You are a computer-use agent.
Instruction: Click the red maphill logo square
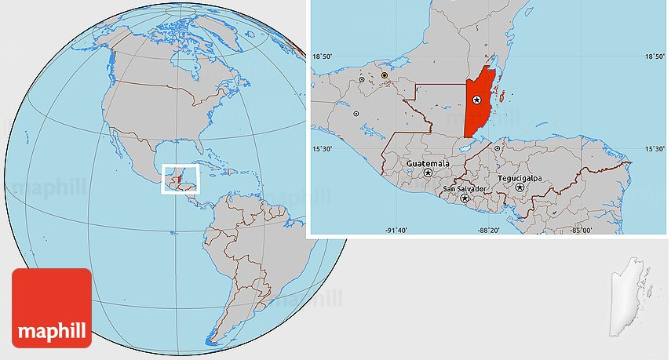point(52,307)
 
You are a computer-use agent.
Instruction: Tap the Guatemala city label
point(428,163)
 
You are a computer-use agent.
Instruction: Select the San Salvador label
point(465,189)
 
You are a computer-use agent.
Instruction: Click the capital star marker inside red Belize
point(476,100)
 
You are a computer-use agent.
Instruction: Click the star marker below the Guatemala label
point(428,173)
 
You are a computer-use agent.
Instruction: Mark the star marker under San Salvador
point(465,198)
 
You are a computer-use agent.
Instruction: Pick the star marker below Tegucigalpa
point(520,187)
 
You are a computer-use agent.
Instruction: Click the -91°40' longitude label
point(396,230)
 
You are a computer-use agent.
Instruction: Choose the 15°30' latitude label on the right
point(655,148)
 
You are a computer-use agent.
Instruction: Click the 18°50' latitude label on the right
point(655,56)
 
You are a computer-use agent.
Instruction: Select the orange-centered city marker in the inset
point(385,75)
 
